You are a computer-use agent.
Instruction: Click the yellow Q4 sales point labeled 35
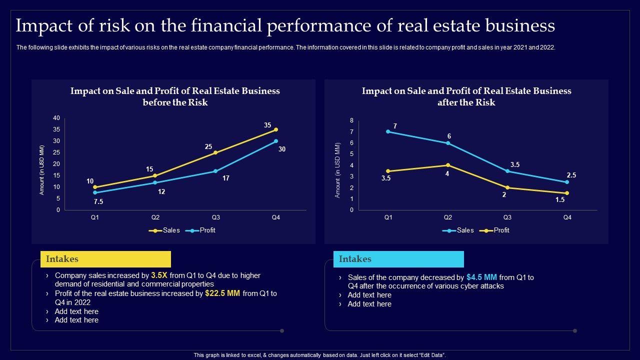point(276,129)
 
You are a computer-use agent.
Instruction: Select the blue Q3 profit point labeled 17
point(215,171)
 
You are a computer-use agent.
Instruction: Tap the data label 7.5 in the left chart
point(99,201)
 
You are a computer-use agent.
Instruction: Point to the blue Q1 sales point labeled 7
point(388,131)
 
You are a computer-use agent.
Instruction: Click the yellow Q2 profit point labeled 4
point(447,165)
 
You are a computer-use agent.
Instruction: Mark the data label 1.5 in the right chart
point(560,199)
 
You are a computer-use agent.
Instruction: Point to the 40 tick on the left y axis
point(56,118)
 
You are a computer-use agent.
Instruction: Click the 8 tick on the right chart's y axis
point(351,120)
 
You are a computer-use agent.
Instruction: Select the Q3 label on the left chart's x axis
point(215,217)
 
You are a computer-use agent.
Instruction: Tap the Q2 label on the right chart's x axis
point(447,217)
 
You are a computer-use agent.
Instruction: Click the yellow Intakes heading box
point(105,259)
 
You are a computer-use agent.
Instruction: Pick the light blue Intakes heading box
point(398,259)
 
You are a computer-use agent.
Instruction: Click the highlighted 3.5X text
point(159,275)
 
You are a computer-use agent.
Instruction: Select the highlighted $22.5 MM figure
point(222,293)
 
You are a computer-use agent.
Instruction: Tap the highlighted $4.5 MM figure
point(481,277)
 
